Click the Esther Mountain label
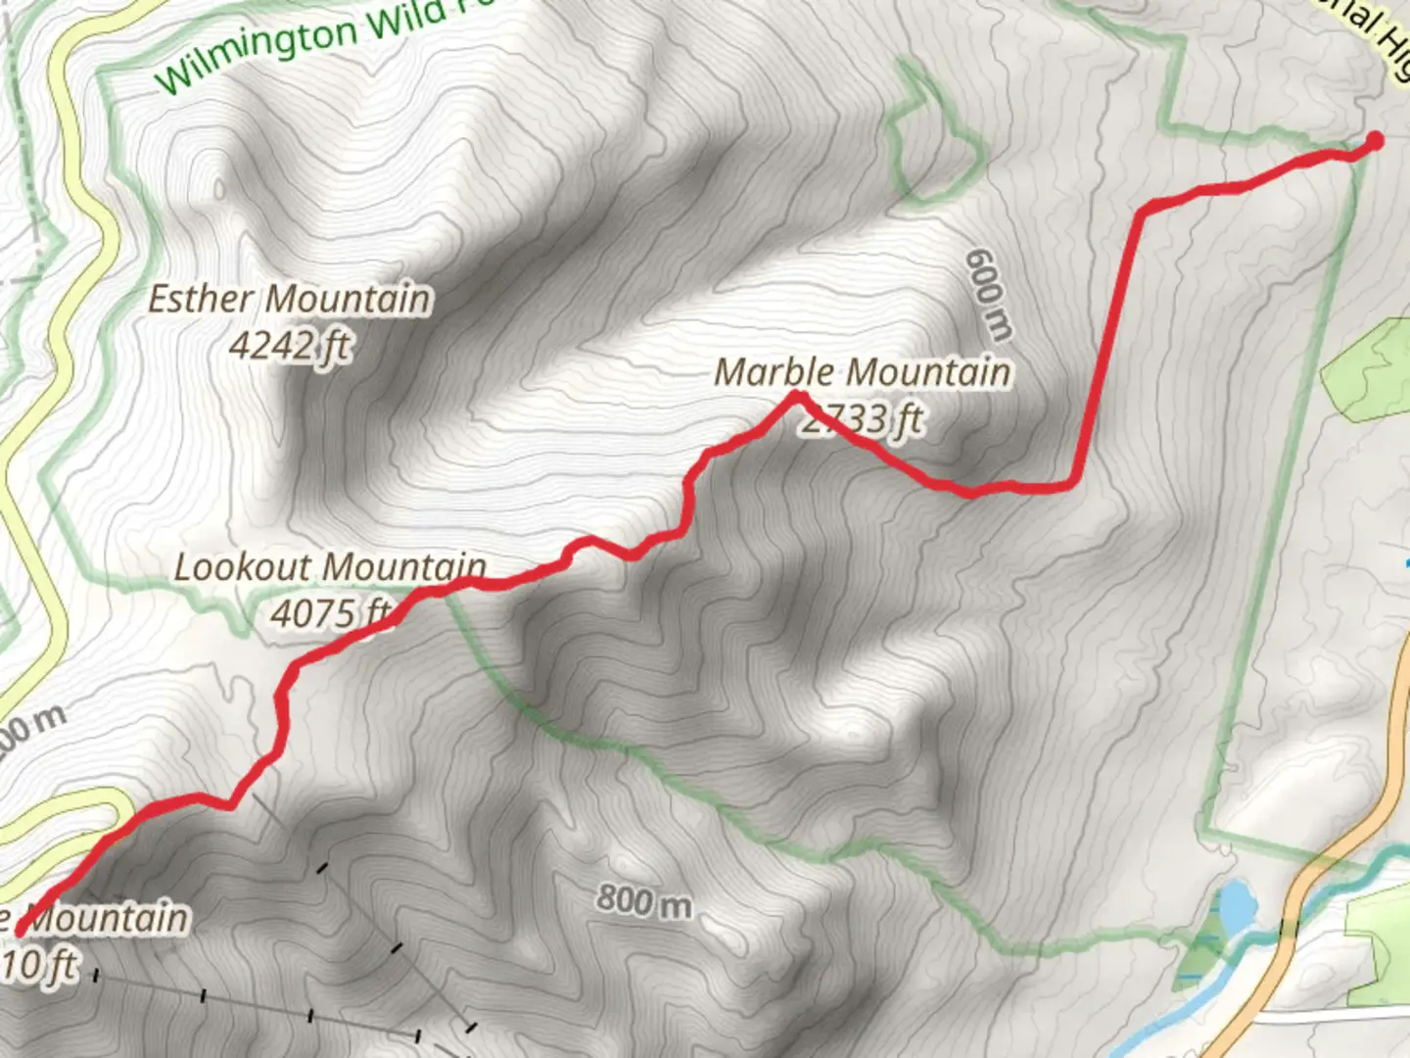tap(289, 299)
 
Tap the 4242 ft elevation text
tap(290, 345)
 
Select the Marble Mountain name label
tap(863, 372)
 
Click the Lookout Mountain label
tap(330, 567)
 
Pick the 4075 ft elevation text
tap(331, 613)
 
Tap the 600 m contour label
tap(987, 295)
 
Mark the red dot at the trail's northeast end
tap(1374, 141)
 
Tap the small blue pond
tap(1236, 906)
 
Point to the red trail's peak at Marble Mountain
tap(798, 396)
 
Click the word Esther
tap(201, 299)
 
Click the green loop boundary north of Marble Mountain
tap(930, 147)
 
